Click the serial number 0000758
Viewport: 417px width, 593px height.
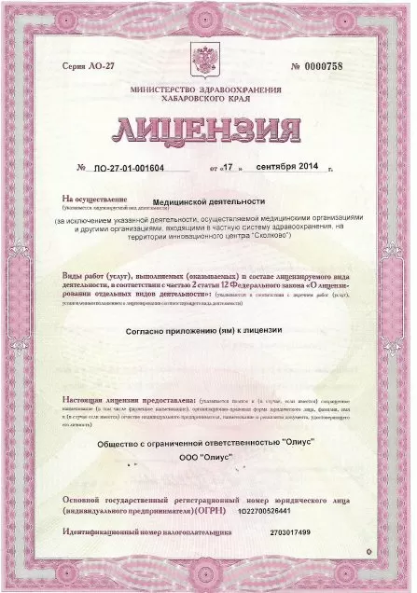(x=327, y=66)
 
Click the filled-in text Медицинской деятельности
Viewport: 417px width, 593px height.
(x=209, y=200)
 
